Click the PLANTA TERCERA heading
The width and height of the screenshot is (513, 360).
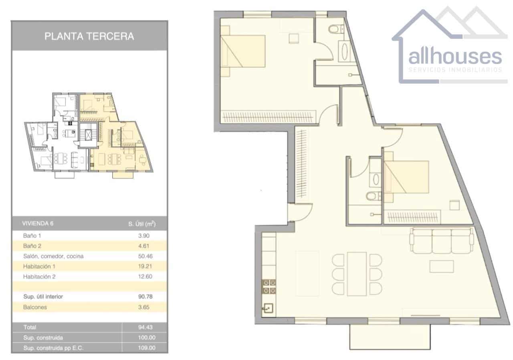(89, 36)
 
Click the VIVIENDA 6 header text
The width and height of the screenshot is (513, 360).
(38, 223)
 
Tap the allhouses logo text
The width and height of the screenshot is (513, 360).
(454, 57)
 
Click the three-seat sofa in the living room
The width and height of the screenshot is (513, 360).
(442, 241)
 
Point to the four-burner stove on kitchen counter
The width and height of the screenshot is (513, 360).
(269, 286)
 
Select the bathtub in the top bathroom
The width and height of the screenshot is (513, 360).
(344, 51)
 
